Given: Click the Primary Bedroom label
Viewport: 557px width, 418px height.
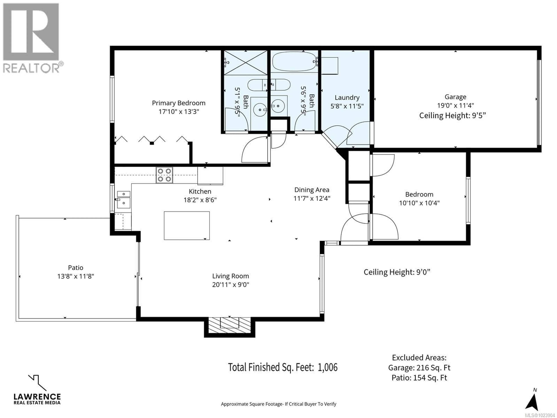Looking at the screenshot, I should [x=179, y=103].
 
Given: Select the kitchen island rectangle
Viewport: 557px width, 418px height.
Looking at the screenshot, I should [x=187, y=226].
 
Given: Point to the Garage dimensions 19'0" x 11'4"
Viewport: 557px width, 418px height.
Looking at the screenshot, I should [x=455, y=105].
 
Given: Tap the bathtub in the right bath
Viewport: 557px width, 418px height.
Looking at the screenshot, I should [x=294, y=62].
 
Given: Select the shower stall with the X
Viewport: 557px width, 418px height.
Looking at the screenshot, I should [x=246, y=63].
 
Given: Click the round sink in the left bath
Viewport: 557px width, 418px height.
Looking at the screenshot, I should [x=260, y=110].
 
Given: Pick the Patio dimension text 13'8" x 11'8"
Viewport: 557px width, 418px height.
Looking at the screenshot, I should [x=76, y=276].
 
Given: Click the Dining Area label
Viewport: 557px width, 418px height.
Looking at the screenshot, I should [x=312, y=190].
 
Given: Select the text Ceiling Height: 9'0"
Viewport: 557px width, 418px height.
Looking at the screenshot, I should [x=397, y=272].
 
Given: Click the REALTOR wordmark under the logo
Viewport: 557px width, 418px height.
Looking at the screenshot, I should [x=31, y=68].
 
